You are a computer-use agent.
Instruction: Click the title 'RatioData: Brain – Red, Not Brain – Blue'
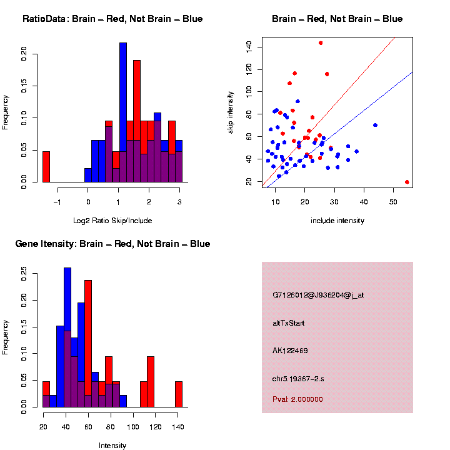click(x=112, y=19)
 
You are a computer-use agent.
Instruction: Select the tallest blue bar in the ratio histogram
click(x=123, y=112)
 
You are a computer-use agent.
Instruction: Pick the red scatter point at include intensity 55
click(x=407, y=182)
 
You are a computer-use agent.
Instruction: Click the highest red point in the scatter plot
click(x=321, y=43)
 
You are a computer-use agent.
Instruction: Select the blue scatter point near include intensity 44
click(x=375, y=125)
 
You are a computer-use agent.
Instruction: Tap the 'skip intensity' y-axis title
click(x=231, y=111)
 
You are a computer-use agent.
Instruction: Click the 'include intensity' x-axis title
click(x=337, y=220)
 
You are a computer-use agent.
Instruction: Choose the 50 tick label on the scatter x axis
click(x=393, y=201)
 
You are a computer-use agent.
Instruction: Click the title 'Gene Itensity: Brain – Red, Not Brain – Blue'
click(x=112, y=244)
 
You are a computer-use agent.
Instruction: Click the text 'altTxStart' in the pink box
click(x=288, y=323)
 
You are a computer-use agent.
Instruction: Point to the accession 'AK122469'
click(x=290, y=351)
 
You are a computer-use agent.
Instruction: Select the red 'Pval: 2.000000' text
click(x=297, y=399)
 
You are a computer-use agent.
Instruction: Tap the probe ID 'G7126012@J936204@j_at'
click(x=318, y=295)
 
